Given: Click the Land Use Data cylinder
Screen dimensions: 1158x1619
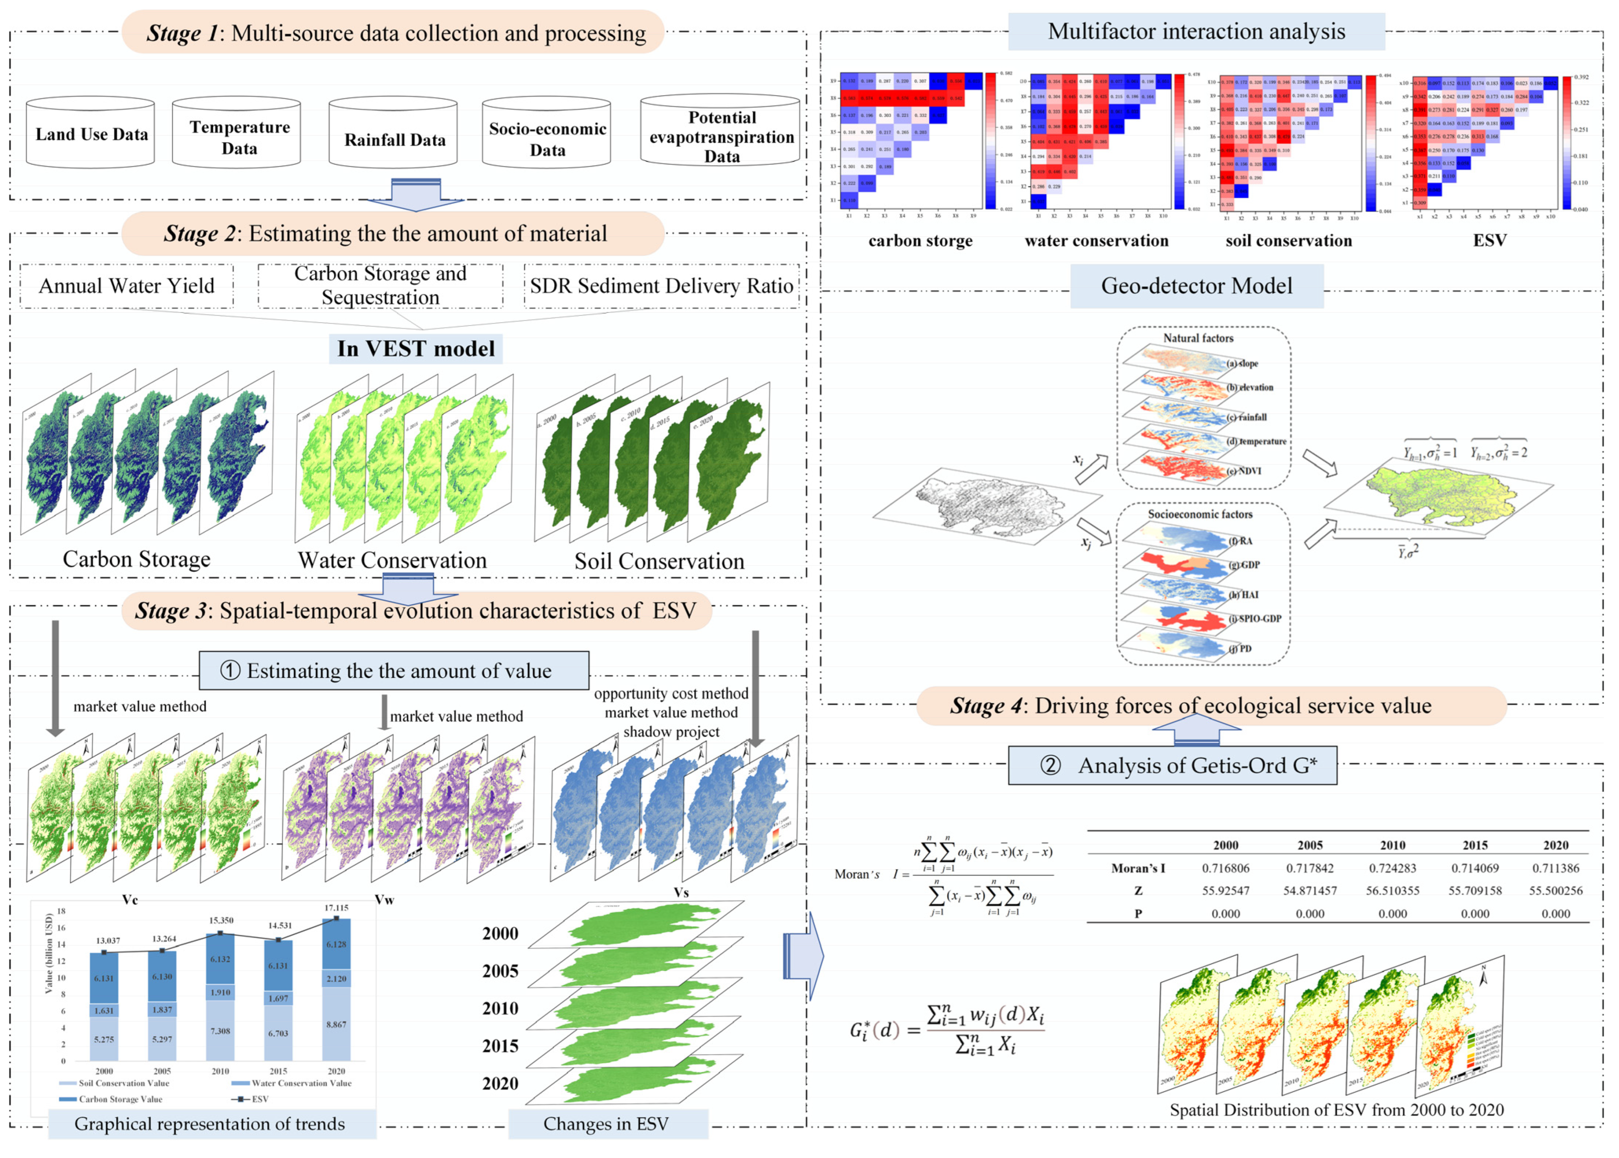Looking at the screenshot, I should tap(91, 134).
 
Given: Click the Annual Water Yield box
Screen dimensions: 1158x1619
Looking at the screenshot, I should tap(126, 286).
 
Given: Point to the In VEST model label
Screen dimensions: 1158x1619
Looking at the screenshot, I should tap(416, 349).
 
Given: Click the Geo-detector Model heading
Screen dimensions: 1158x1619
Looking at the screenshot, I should tap(1196, 286).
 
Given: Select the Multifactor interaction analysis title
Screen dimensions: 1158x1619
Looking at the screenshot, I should tap(1196, 31).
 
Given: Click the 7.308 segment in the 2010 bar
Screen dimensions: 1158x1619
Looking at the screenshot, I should tap(220, 1031).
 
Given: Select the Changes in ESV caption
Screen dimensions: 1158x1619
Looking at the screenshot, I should tap(606, 1125).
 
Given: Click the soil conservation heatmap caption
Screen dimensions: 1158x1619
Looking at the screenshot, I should tap(1288, 241).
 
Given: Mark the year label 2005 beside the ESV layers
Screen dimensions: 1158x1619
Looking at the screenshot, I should tap(500, 971).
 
